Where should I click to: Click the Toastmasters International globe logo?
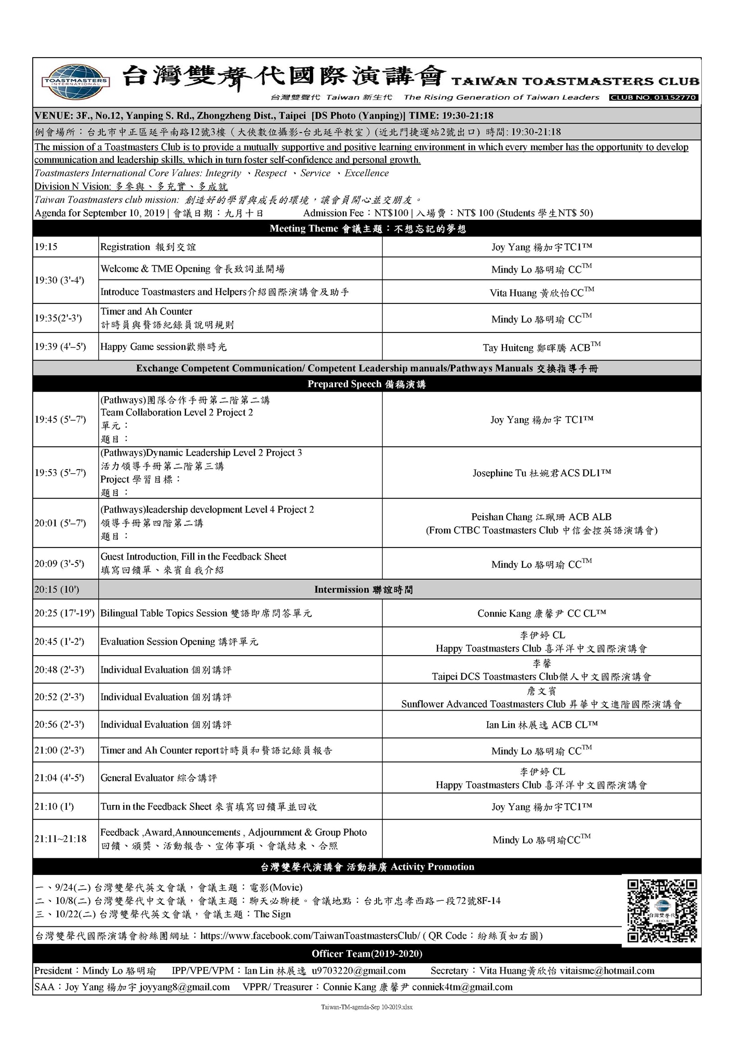pyautogui.click(x=76, y=82)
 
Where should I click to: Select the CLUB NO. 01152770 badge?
pyautogui.click(x=653, y=97)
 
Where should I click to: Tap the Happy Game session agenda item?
pyautogui.click(x=164, y=347)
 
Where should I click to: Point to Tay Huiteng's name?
pyautogui.click(x=541, y=347)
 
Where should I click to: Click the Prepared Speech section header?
pyautogui.click(x=367, y=384)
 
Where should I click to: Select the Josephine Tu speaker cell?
pyautogui.click(x=541, y=473)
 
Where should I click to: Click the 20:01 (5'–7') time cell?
pyautogui.click(x=60, y=523)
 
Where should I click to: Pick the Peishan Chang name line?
pyautogui.click(x=541, y=517)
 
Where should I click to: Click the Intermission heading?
pyautogui.click(x=364, y=590)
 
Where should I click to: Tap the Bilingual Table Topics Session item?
pyautogui.click(x=206, y=613)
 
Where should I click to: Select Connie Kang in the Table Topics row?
pyautogui.click(x=541, y=614)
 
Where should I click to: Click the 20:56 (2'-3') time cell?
pyautogui.click(x=59, y=725)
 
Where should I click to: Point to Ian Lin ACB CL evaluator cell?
pyautogui.click(x=541, y=725)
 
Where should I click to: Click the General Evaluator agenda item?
pyautogui.click(x=158, y=778)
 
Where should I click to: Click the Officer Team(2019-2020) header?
pyautogui.click(x=367, y=954)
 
